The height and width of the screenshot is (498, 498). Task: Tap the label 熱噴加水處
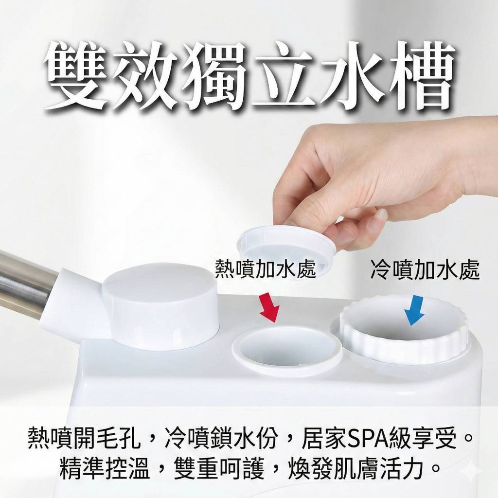coord(265,268)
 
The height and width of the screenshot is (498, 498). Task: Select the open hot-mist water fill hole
coord(287,348)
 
